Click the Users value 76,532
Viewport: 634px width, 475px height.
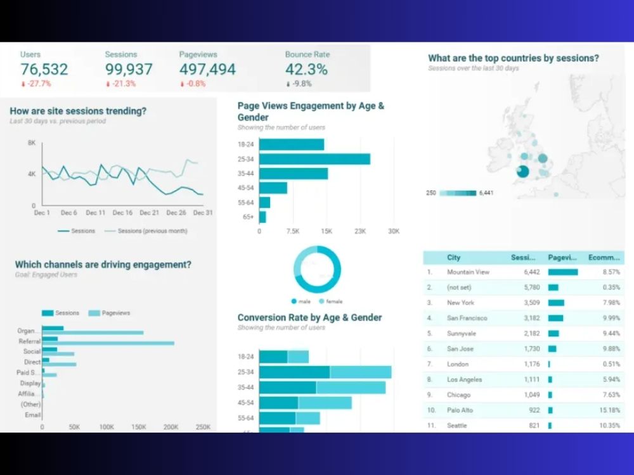coord(44,69)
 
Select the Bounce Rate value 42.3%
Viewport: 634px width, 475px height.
coord(306,69)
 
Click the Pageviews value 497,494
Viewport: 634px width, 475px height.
coord(207,69)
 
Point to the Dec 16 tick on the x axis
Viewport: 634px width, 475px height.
coord(122,213)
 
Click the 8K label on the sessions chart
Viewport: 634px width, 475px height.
coord(32,143)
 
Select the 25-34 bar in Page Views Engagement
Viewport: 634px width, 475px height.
coord(314,159)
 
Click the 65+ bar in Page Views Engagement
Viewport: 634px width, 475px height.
coord(262,217)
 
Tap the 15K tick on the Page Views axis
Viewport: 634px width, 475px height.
coord(327,232)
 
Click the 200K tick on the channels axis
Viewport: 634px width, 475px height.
coord(171,427)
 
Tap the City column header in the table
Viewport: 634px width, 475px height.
coord(454,258)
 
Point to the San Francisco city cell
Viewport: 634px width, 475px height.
coord(467,318)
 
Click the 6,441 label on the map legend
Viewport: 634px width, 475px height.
coord(486,193)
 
